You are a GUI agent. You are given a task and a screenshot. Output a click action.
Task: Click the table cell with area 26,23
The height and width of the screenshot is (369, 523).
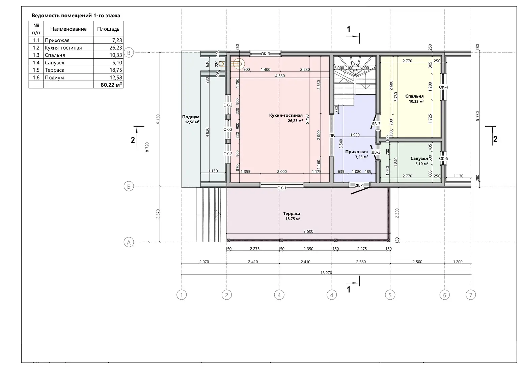pos(108,48)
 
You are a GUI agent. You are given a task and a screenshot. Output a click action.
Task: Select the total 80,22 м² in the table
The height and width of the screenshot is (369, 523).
pos(111,85)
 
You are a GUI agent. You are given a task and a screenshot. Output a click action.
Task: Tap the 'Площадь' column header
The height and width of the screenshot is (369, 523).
pos(108,29)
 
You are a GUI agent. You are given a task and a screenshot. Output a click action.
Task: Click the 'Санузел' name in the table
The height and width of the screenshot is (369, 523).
pos(54,62)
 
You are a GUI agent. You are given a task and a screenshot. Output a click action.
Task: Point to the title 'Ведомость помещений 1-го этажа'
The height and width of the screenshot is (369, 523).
pos(76,16)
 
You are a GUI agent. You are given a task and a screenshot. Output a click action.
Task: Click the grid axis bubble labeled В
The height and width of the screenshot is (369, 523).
pos(129,53)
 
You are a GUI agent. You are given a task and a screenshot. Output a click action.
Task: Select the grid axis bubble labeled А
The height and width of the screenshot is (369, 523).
pos(129,242)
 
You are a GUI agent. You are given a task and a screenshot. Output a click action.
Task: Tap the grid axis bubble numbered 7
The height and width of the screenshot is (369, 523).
pos(471,295)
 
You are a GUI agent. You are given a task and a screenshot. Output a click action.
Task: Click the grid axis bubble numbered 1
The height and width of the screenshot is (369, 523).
pos(182,295)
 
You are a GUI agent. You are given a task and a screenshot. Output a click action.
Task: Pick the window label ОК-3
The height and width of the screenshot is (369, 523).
pos(266,54)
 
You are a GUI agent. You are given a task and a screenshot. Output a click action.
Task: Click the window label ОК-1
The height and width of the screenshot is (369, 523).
pos(282,188)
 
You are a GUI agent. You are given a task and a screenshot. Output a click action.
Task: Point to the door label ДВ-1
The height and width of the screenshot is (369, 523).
pos(360,185)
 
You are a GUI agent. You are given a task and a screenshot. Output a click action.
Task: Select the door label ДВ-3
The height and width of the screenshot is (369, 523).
pos(376,124)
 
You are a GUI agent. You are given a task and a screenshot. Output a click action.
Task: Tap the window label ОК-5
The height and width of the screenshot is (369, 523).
pos(443,159)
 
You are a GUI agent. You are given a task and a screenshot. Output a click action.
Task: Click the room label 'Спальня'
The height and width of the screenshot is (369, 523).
pos(414,96)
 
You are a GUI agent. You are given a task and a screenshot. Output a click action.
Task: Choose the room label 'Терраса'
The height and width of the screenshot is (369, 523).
pos(292,213)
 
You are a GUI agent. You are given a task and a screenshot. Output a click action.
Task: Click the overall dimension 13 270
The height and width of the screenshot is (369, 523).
pos(326,273)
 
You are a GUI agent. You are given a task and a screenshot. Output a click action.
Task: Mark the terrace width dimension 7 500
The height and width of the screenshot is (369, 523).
pos(308,232)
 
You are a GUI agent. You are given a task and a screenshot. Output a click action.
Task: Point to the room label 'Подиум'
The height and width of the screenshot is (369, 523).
pos(191,117)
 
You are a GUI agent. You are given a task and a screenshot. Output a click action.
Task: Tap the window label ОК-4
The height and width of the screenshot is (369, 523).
pos(443,88)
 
